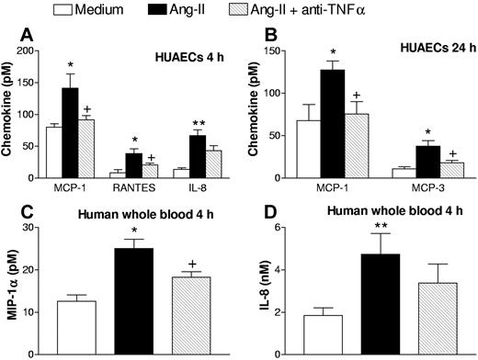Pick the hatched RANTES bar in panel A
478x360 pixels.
(150, 171)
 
